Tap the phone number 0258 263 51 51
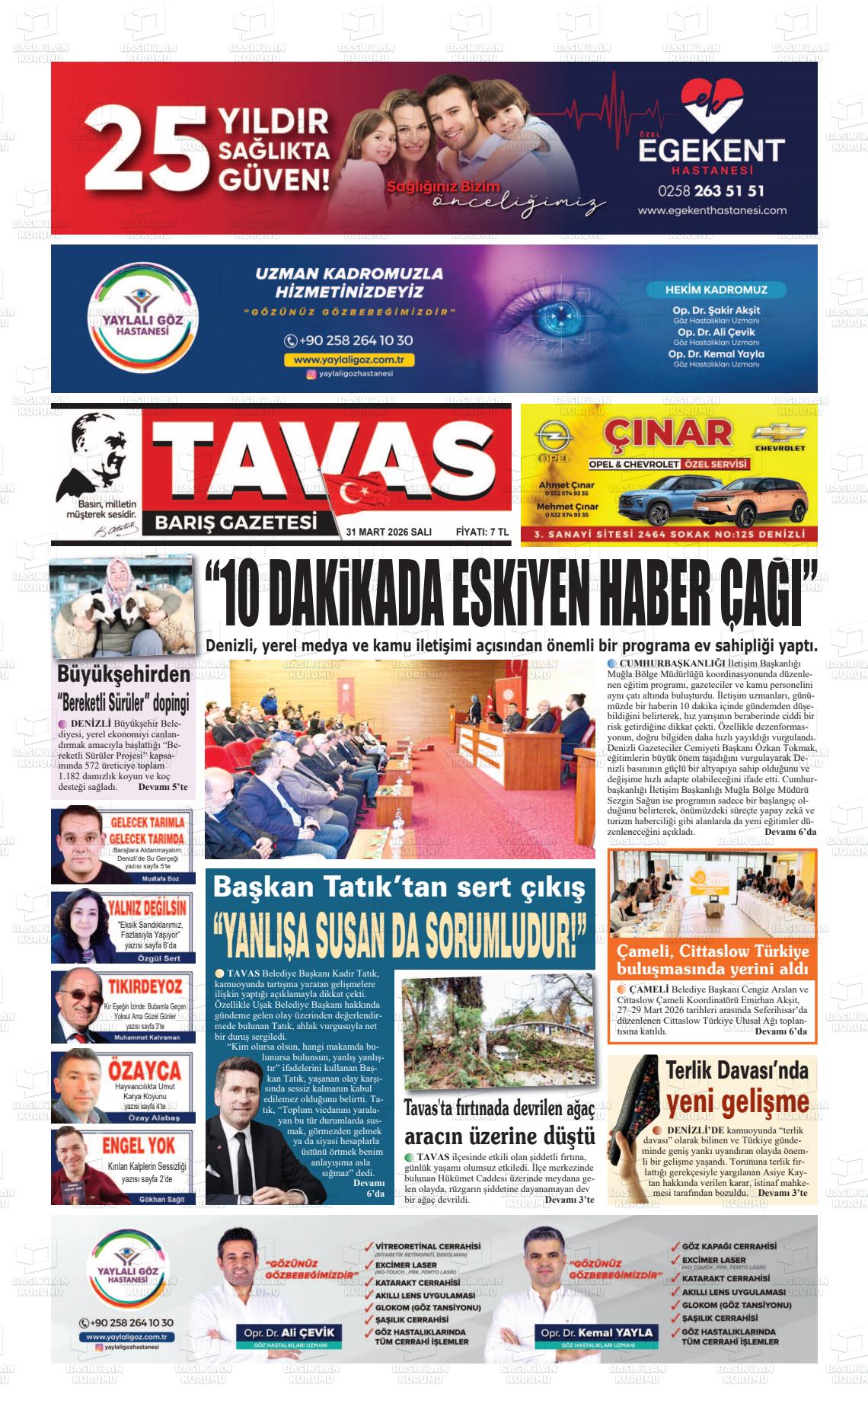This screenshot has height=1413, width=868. (712, 190)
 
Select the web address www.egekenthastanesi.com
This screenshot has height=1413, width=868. (712, 211)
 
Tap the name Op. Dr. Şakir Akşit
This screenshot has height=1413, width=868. (716, 310)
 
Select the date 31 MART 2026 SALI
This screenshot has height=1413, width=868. (388, 532)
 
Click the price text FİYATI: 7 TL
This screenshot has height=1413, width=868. (481, 532)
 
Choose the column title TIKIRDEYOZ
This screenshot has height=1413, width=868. (145, 987)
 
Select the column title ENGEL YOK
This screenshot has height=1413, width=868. (139, 1145)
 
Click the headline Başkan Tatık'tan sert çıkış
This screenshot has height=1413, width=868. (400, 887)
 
